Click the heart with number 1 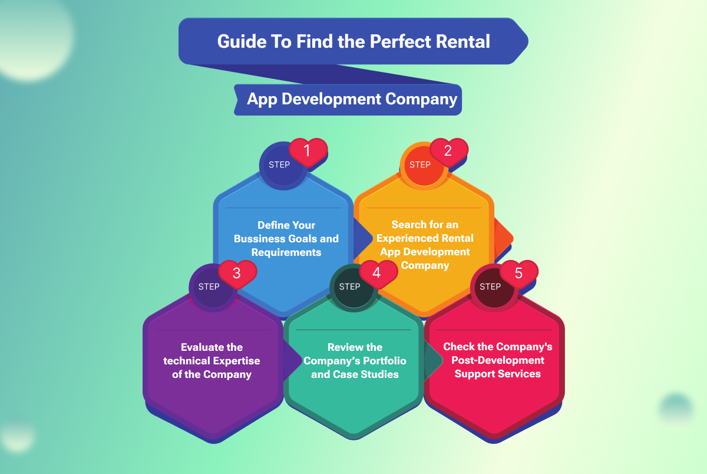pyautogui.click(x=307, y=152)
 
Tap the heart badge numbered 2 pyautogui.click(x=448, y=152)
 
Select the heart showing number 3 pyautogui.click(x=237, y=274)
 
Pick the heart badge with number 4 pyautogui.click(x=378, y=274)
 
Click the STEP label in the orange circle pyautogui.click(x=420, y=164)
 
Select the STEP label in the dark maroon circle pyautogui.click(x=490, y=287)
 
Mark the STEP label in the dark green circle pyautogui.click(x=349, y=287)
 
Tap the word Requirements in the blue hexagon pyautogui.click(x=286, y=252)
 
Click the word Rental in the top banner pyautogui.click(x=462, y=42)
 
